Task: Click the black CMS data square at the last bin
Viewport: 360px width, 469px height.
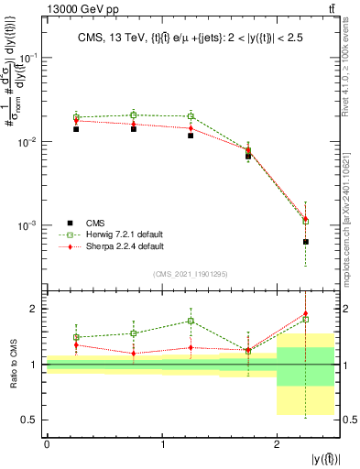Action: [x=305, y=242]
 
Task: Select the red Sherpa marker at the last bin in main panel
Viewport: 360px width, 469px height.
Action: [x=305, y=219]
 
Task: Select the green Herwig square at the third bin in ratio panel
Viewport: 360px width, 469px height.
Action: [x=191, y=321]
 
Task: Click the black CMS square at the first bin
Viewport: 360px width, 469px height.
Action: [x=76, y=129]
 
